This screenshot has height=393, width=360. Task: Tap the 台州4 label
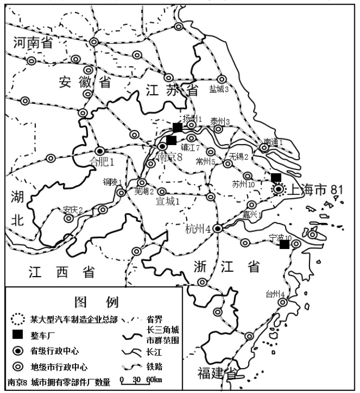(275, 294)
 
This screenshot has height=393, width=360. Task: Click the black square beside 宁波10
(284, 244)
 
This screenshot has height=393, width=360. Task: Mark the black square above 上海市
(276, 177)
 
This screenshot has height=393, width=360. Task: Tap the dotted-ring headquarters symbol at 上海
(278, 190)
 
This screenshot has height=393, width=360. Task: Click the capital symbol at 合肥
(99, 150)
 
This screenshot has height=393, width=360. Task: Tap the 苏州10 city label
(243, 184)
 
